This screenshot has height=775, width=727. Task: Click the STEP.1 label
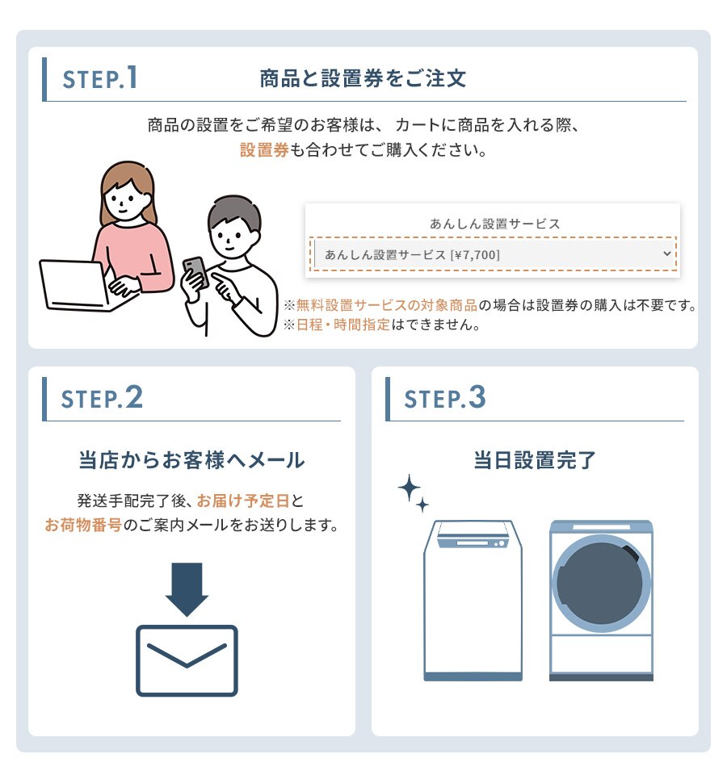[100, 78]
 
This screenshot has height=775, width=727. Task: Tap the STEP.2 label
[102, 398]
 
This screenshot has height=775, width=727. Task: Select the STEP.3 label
[444, 398]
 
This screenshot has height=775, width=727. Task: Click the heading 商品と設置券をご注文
[363, 78]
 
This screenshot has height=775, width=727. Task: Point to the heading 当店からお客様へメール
[192, 459]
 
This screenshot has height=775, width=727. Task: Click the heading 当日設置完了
[535, 459]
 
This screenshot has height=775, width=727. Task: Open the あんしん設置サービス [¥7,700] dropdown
[493, 254]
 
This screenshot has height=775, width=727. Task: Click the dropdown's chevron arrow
[666, 253]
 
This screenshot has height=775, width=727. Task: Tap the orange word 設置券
[264, 149]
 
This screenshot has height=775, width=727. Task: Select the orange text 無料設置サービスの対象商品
[387, 305]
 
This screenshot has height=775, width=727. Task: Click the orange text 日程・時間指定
[343, 325]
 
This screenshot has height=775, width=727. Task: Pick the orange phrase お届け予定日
[243, 501]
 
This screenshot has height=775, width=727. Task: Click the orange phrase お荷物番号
[83, 525]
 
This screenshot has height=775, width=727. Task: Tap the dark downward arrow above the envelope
[187, 589]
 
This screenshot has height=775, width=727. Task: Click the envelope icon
[187, 661]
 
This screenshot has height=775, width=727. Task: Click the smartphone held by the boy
[195, 272]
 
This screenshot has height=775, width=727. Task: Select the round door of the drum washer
[600, 583]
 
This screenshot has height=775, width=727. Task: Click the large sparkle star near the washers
[410, 488]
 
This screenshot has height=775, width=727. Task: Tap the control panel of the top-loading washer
[473, 542]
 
